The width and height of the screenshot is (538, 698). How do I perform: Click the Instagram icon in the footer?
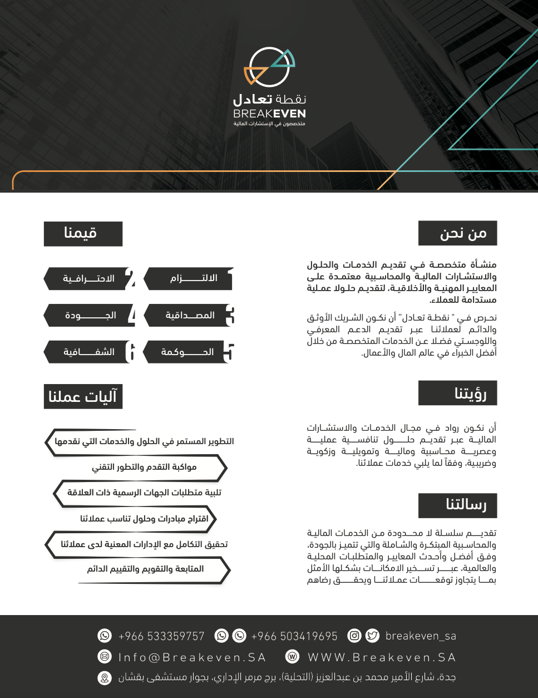pyautogui.click(x=354, y=636)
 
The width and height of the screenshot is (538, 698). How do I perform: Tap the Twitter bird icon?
pyautogui.click(x=372, y=636)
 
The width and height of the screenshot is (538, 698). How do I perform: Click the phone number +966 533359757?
pyautogui.click(x=161, y=636)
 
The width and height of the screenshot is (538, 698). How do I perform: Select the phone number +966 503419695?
pyautogui.click(x=294, y=636)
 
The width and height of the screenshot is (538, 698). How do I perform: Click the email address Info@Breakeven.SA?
pyautogui.click(x=192, y=657)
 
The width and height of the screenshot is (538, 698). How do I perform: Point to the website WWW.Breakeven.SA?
pyautogui.click(x=382, y=657)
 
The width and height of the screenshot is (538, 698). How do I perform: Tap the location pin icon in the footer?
pyautogui.click(x=105, y=678)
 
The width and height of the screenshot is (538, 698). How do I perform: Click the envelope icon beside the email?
pyautogui.click(x=105, y=657)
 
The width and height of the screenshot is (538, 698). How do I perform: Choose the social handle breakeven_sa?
pyautogui.click(x=421, y=636)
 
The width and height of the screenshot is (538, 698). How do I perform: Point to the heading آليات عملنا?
pyautogui.click(x=82, y=397)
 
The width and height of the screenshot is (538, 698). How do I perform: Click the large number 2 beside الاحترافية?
pyautogui.click(x=130, y=279)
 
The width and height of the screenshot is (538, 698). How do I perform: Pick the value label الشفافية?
pyautogui.click(x=89, y=352)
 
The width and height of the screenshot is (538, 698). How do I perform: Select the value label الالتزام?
pyautogui.click(x=194, y=278)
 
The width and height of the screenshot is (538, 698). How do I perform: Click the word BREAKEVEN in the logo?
pyautogui.click(x=269, y=114)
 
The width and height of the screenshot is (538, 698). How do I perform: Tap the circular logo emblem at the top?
pyautogui.click(x=269, y=67)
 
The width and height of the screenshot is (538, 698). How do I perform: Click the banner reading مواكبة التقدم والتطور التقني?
pyautogui.click(x=144, y=467)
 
